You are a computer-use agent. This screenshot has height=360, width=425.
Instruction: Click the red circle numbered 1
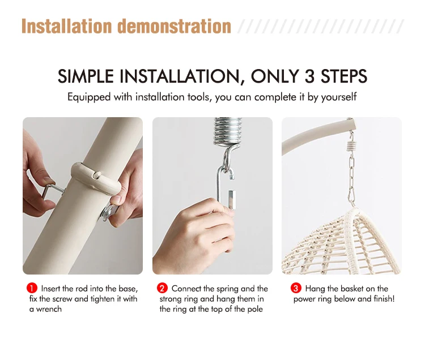(x=32, y=288)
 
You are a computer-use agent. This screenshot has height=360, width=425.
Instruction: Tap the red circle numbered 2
(x=162, y=288)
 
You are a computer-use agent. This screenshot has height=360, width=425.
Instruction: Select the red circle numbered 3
(x=296, y=288)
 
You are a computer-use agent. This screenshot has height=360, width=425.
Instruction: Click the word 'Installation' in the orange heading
(x=67, y=26)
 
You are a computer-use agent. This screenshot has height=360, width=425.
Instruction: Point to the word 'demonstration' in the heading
(x=174, y=26)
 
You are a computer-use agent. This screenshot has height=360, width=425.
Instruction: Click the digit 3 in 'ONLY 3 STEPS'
(x=309, y=76)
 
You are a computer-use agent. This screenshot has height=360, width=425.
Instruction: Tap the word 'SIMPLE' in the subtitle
(x=86, y=76)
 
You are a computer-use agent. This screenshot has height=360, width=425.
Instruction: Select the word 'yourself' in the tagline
(x=339, y=97)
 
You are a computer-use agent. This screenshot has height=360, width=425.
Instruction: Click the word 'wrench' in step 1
(x=49, y=309)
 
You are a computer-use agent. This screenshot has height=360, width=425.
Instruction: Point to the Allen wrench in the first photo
(x=52, y=190)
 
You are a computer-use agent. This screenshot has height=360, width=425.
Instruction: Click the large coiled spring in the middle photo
(x=227, y=132)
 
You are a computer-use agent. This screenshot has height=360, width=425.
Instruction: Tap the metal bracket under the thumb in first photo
(x=110, y=212)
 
